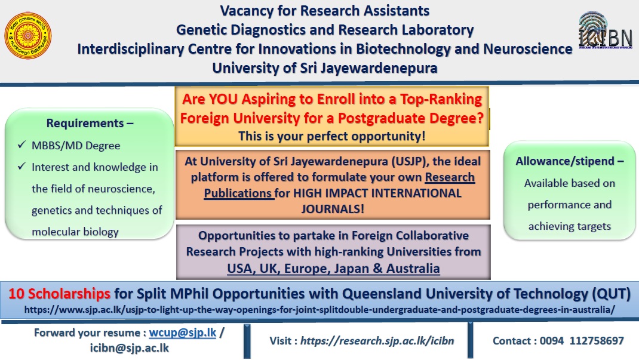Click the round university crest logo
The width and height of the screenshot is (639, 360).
click(27, 35)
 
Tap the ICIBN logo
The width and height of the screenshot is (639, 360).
click(605, 31)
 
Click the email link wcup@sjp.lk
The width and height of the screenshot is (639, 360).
click(183, 333)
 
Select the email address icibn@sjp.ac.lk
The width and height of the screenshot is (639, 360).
click(130, 348)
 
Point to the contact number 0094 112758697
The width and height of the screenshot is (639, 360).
click(582, 341)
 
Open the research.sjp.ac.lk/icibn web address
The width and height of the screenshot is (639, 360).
click(377, 341)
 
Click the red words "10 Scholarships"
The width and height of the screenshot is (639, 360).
click(59, 294)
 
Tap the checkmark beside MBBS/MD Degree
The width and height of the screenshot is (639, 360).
click(21, 144)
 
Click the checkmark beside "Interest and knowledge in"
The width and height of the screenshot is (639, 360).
click(21, 166)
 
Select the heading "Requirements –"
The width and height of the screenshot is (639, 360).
click(90, 123)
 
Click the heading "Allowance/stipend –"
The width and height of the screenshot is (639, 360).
click(570, 161)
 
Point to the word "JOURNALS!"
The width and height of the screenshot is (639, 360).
click(333, 209)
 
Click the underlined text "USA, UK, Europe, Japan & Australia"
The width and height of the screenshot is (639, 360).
click(333, 269)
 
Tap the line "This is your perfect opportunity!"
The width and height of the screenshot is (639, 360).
click(331, 136)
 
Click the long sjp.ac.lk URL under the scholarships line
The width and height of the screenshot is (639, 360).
click(320, 310)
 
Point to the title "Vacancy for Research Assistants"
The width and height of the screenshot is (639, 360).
click(325, 11)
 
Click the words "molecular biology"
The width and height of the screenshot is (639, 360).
click(75, 232)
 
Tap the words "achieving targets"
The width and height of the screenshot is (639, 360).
click(570, 226)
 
